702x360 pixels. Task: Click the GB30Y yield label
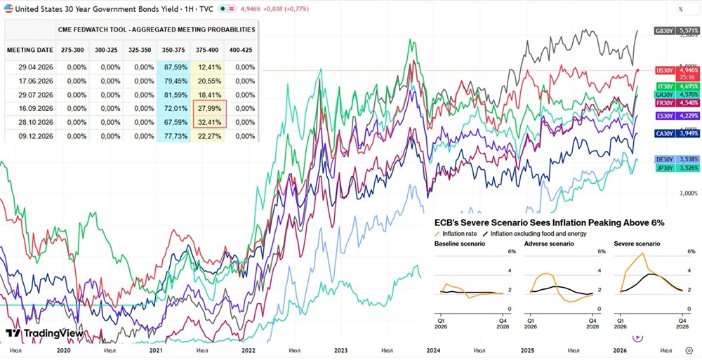(677, 31)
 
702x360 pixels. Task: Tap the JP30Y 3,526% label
(677, 168)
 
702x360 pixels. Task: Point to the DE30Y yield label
(677, 159)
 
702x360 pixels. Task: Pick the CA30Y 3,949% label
(677, 133)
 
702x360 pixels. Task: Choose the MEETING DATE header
(29, 51)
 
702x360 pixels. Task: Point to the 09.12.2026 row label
(29, 137)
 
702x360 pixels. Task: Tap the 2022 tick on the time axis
(248, 350)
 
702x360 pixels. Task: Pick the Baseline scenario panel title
(459, 244)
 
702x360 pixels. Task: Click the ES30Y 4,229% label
(677, 116)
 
